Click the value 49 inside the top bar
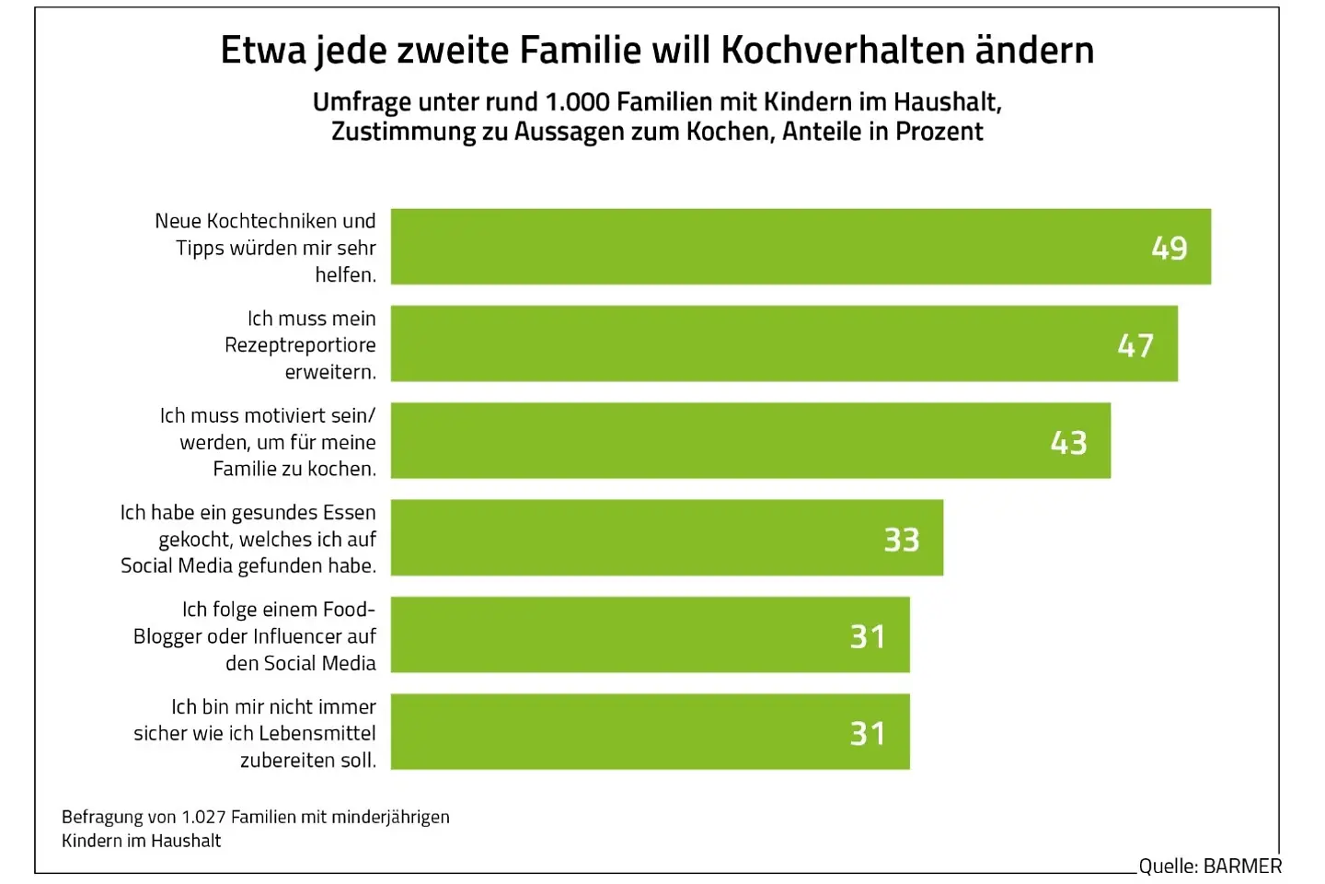pos(1169,248)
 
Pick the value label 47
pos(1135,345)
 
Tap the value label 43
pos(1068,443)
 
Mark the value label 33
pos(902,540)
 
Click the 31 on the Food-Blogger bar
pos(868,636)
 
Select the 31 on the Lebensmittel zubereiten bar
pos(868,734)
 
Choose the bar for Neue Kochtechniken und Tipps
pos(736,247)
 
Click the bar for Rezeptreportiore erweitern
pos(736,343)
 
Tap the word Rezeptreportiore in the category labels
pos(300,345)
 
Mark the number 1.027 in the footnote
pos(202,817)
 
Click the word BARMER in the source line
pos(1242,867)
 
